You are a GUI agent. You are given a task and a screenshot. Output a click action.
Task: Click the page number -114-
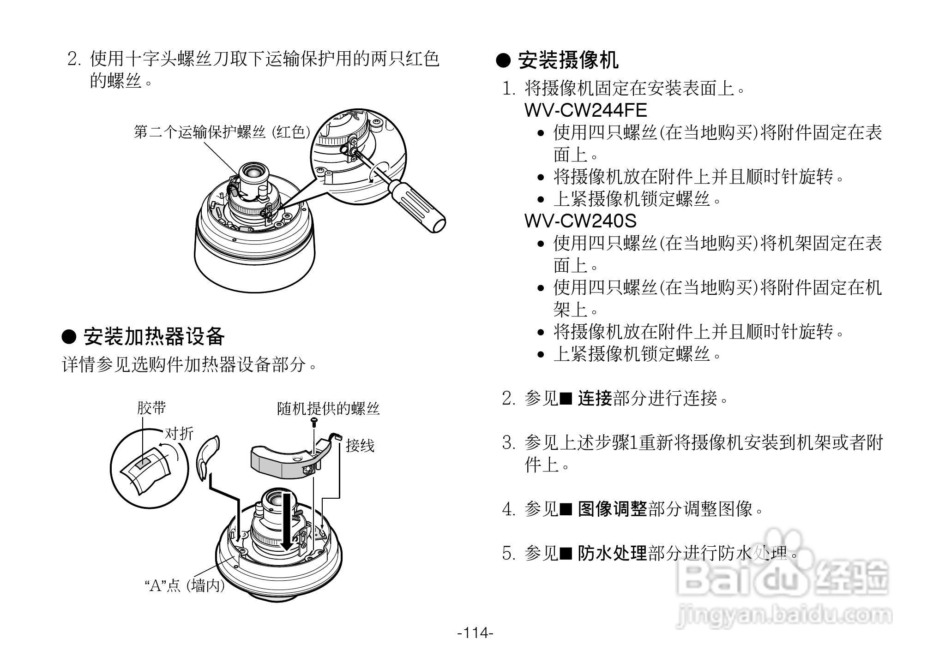pos(475,632)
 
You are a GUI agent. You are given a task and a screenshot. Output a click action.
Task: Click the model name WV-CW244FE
pos(585,110)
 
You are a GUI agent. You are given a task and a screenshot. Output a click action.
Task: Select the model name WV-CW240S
pos(580,221)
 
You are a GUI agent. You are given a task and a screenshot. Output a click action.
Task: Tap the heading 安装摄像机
pos(567,60)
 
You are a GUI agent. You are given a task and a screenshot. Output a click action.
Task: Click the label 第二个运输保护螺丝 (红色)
pos(222,132)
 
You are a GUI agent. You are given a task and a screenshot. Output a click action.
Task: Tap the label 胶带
pos(151,408)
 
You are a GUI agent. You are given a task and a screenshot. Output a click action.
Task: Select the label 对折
pos(179,433)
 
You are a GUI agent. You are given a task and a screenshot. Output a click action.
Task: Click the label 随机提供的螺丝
pos(328,408)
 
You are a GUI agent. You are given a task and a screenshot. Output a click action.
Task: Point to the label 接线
pos(360,445)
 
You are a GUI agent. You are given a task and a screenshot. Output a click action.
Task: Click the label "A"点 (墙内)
pos(185,586)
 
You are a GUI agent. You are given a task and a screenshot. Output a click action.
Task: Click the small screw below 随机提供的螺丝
pos(314,421)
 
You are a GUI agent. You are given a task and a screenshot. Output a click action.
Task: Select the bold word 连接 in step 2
pos(595,398)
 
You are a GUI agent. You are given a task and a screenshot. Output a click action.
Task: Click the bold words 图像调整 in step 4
pos(612,509)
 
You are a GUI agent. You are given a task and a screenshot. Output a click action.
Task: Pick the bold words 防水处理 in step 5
pos(612,553)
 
